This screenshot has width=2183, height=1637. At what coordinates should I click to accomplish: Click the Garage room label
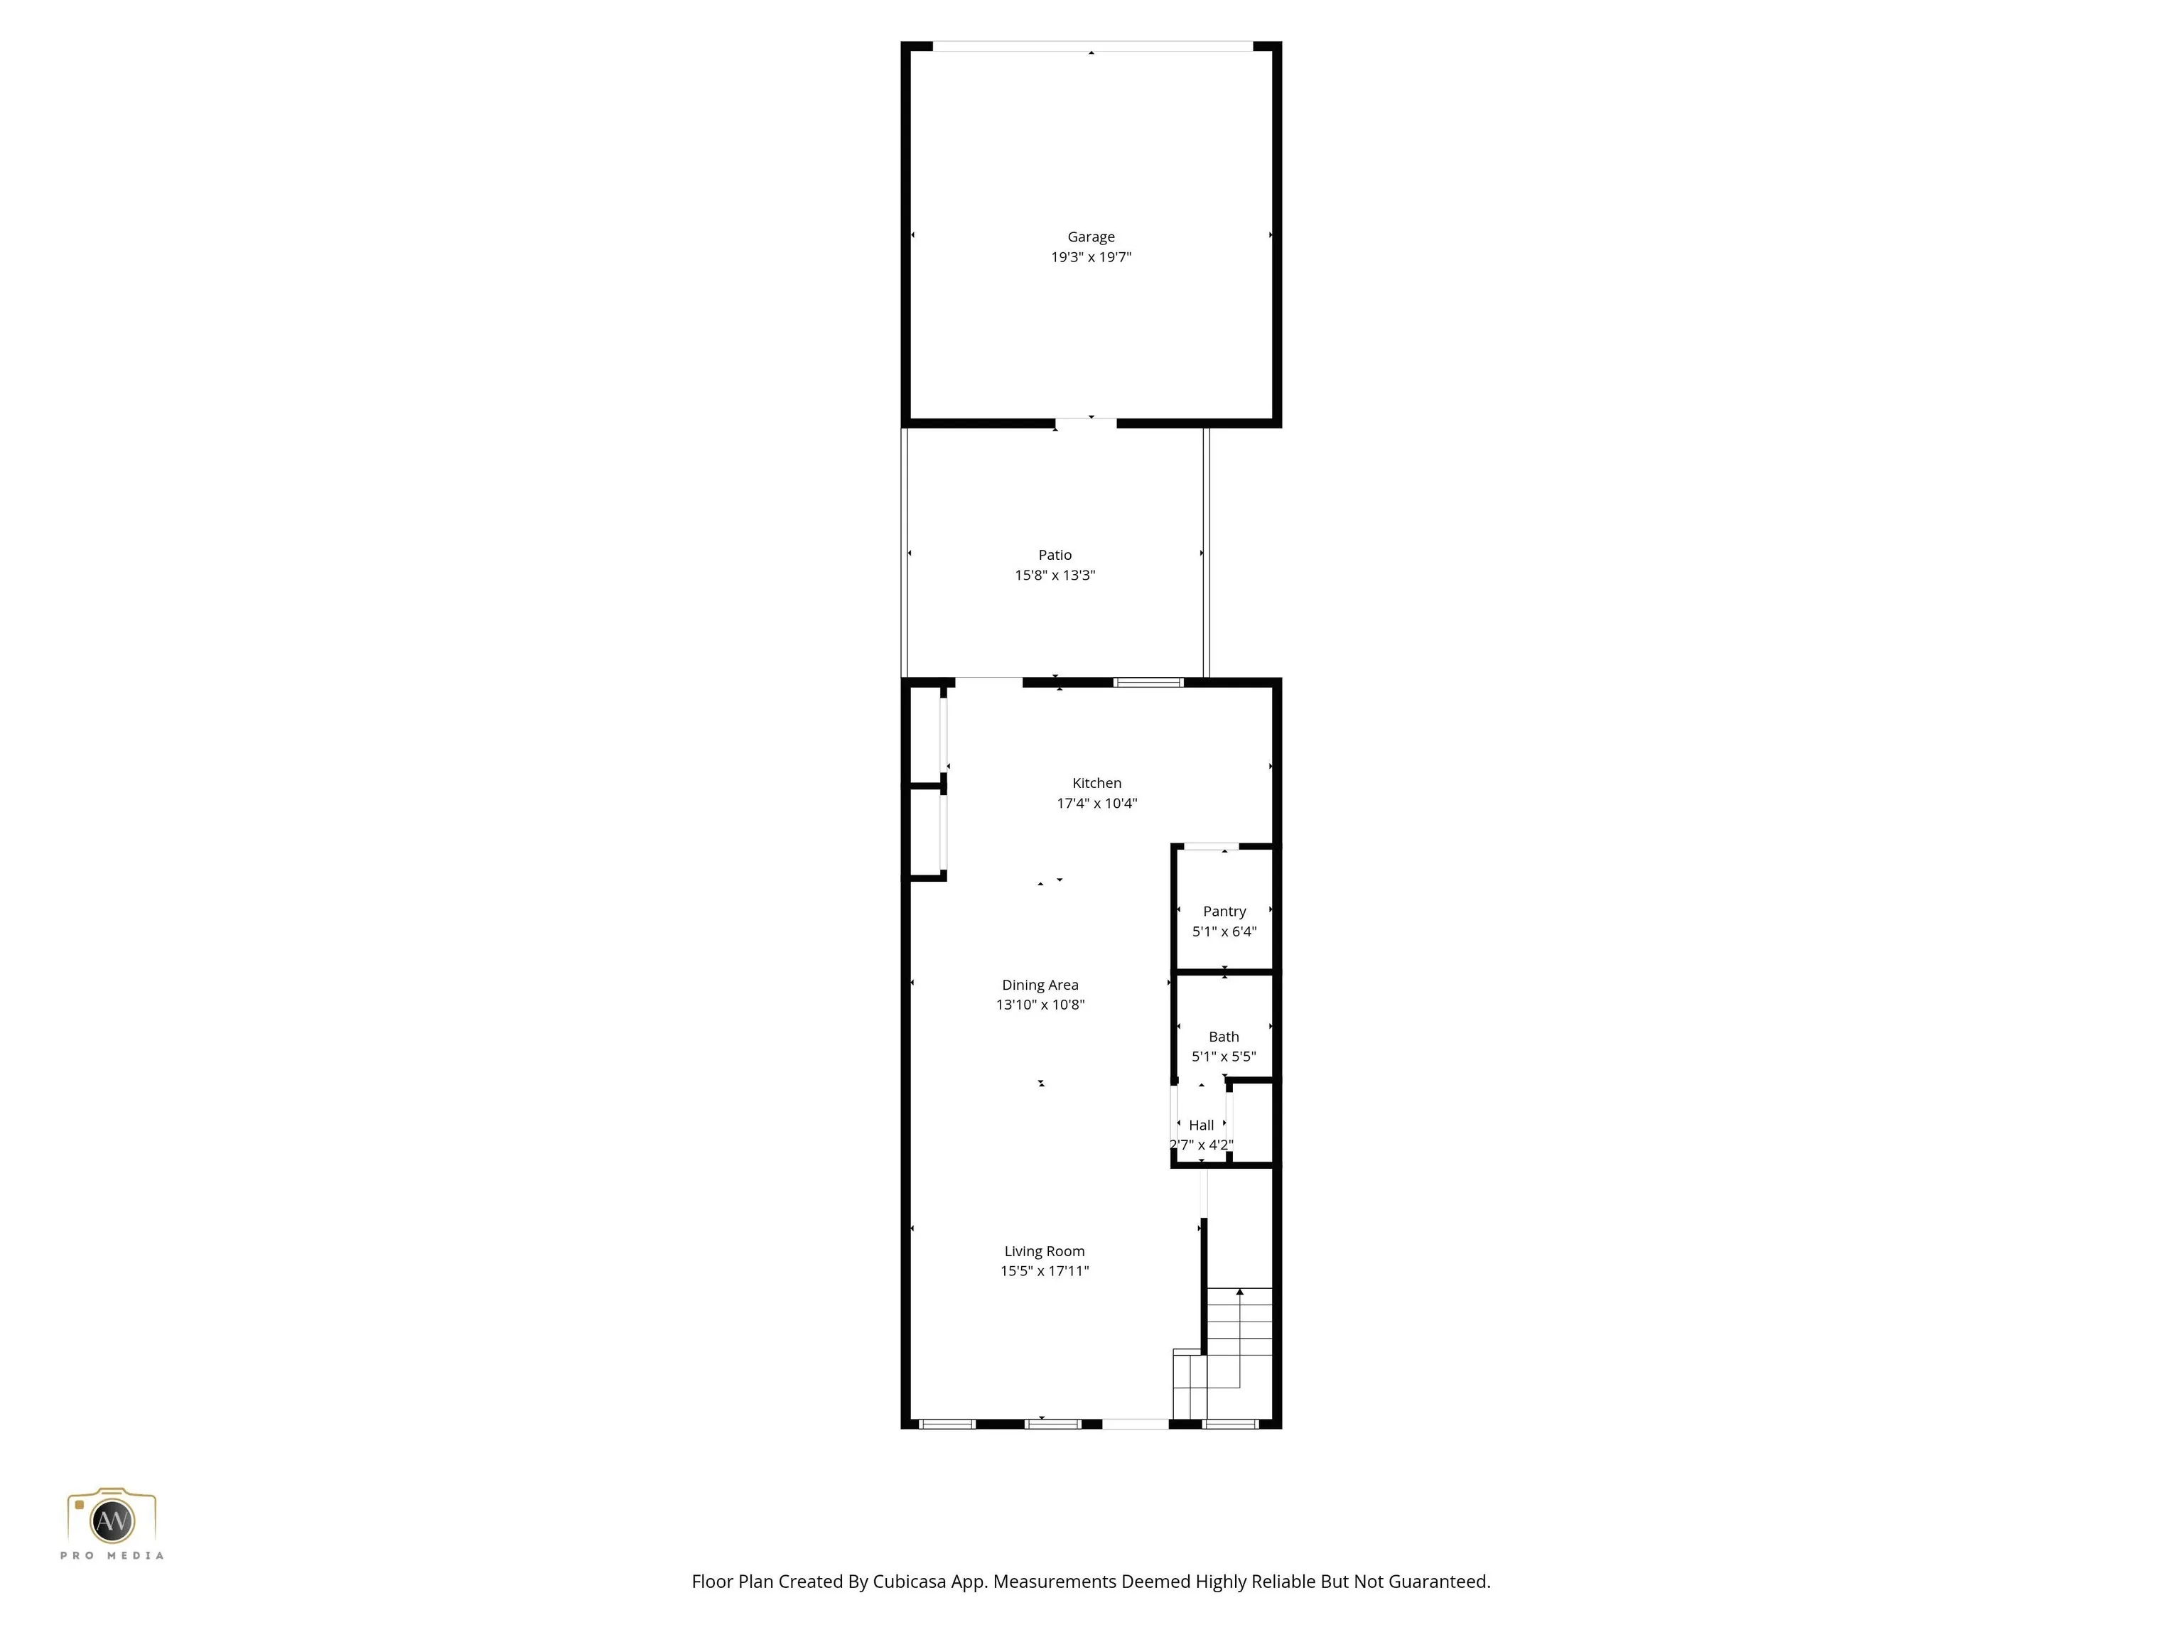tap(1091, 237)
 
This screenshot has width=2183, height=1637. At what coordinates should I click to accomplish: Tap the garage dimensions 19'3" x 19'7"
tap(1091, 257)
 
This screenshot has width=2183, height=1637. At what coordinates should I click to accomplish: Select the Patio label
tap(1055, 554)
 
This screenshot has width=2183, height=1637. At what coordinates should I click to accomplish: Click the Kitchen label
tap(1097, 782)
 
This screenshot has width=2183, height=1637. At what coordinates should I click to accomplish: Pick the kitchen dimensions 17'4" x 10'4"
tap(1097, 803)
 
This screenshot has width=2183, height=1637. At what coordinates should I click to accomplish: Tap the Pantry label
tap(1224, 912)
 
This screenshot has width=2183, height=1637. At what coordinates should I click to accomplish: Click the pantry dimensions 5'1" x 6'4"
tap(1224, 931)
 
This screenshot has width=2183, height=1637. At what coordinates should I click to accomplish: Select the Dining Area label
tap(1040, 985)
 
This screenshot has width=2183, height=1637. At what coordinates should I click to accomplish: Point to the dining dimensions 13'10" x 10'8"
tap(1040, 1005)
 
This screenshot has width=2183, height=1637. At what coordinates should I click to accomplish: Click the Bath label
tap(1224, 1036)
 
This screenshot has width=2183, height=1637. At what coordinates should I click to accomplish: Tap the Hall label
tap(1201, 1125)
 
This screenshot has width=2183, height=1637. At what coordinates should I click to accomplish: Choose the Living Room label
tap(1044, 1251)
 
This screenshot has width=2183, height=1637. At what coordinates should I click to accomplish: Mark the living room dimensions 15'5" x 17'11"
tap(1044, 1271)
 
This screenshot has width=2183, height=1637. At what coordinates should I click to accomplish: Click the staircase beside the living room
tap(1224, 1353)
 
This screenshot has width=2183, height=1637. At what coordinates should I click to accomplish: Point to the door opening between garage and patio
tap(1086, 423)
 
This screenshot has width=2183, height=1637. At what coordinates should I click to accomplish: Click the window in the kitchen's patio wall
tap(1149, 682)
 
